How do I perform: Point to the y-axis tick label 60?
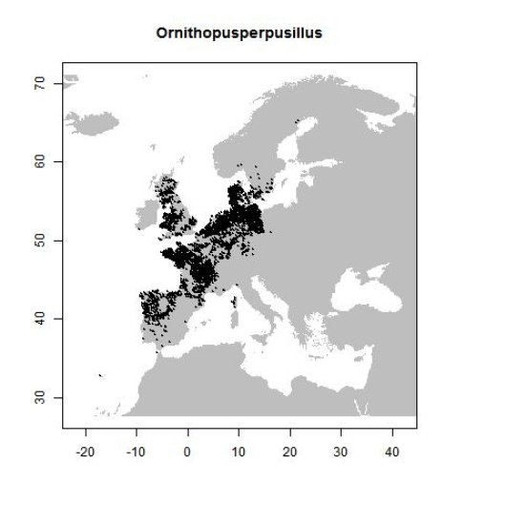coord(43,161)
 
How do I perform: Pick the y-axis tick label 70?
coord(43,84)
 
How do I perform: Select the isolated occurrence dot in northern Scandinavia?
coord(299,120)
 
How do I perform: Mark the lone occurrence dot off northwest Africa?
coord(100,376)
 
